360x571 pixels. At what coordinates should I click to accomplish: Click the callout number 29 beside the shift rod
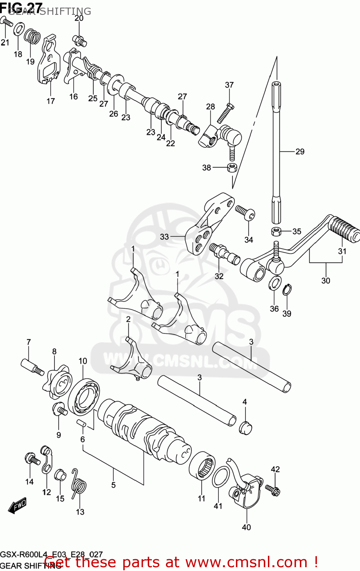300,152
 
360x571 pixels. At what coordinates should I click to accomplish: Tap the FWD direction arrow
18,506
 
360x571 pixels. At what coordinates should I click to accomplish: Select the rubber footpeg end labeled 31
344,229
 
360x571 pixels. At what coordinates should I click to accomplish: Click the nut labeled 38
232,167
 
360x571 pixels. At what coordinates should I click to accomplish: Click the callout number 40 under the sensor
246,527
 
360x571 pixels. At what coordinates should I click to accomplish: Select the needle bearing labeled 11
202,464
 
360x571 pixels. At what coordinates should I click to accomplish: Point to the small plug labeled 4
245,427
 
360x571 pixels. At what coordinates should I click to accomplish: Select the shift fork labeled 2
135,362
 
